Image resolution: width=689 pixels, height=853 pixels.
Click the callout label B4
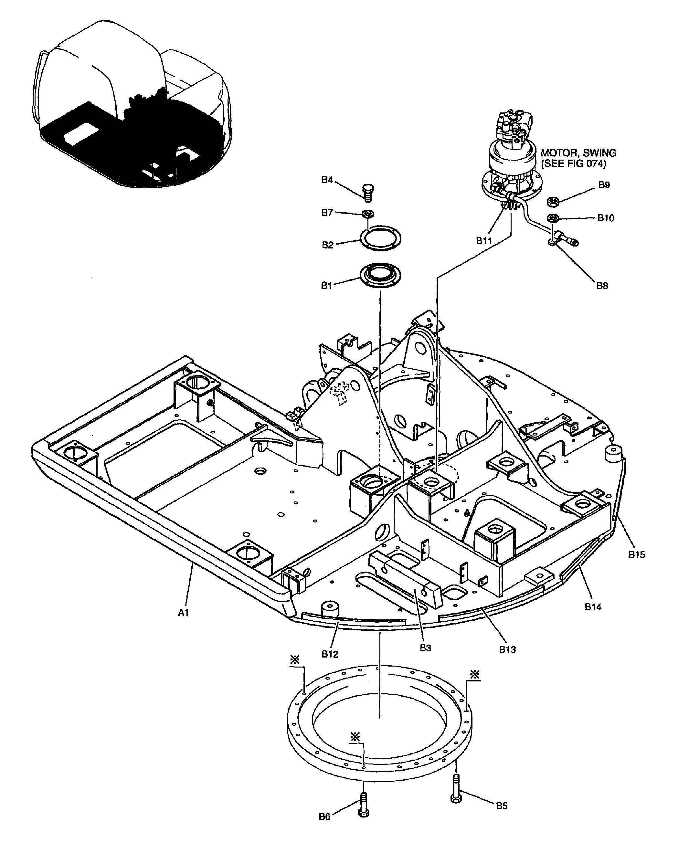point(327,180)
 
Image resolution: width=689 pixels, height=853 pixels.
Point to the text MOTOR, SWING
point(578,153)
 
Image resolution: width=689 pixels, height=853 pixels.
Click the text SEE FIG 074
point(574,164)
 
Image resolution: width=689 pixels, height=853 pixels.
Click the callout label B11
point(484,241)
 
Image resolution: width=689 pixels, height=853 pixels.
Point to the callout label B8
point(602,286)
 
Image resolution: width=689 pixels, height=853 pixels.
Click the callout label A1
point(183,613)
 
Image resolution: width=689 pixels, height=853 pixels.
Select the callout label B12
point(330,654)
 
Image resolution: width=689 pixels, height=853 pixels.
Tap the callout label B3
point(426,648)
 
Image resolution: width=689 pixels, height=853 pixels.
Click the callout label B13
point(507,649)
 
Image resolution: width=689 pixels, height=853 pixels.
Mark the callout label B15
point(636,555)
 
